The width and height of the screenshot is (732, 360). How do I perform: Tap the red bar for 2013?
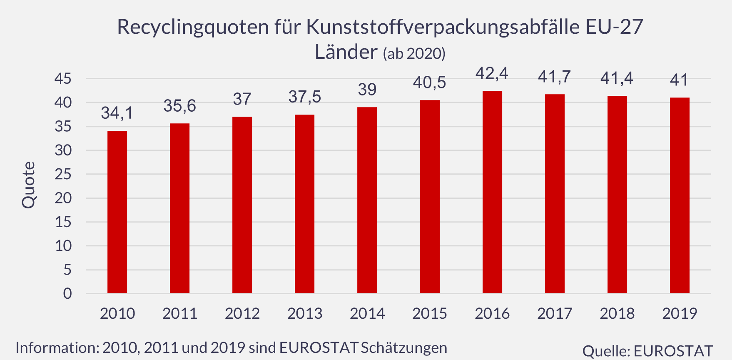click(304, 204)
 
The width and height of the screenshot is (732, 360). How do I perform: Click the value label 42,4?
click(492, 74)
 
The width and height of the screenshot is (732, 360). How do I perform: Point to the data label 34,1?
click(117, 113)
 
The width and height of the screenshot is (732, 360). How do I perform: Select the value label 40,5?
click(429, 83)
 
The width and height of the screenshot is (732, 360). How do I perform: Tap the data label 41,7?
click(554, 77)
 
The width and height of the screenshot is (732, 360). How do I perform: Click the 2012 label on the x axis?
click(242, 313)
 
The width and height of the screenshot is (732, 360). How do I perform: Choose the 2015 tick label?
click(430, 313)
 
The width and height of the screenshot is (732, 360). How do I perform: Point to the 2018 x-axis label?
click(617, 313)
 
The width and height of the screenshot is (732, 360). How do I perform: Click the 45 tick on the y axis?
click(63, 78)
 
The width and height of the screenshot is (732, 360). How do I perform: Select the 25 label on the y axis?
click(63, 174)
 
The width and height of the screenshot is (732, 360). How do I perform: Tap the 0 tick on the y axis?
click(67, 294)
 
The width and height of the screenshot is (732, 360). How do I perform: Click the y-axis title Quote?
click(29, 185)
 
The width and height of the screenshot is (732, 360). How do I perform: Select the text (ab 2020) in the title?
click(414, 54)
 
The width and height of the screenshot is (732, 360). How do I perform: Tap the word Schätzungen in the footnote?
click(404, 347)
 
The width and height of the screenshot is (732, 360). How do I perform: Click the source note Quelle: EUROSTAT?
click(647, 351)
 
